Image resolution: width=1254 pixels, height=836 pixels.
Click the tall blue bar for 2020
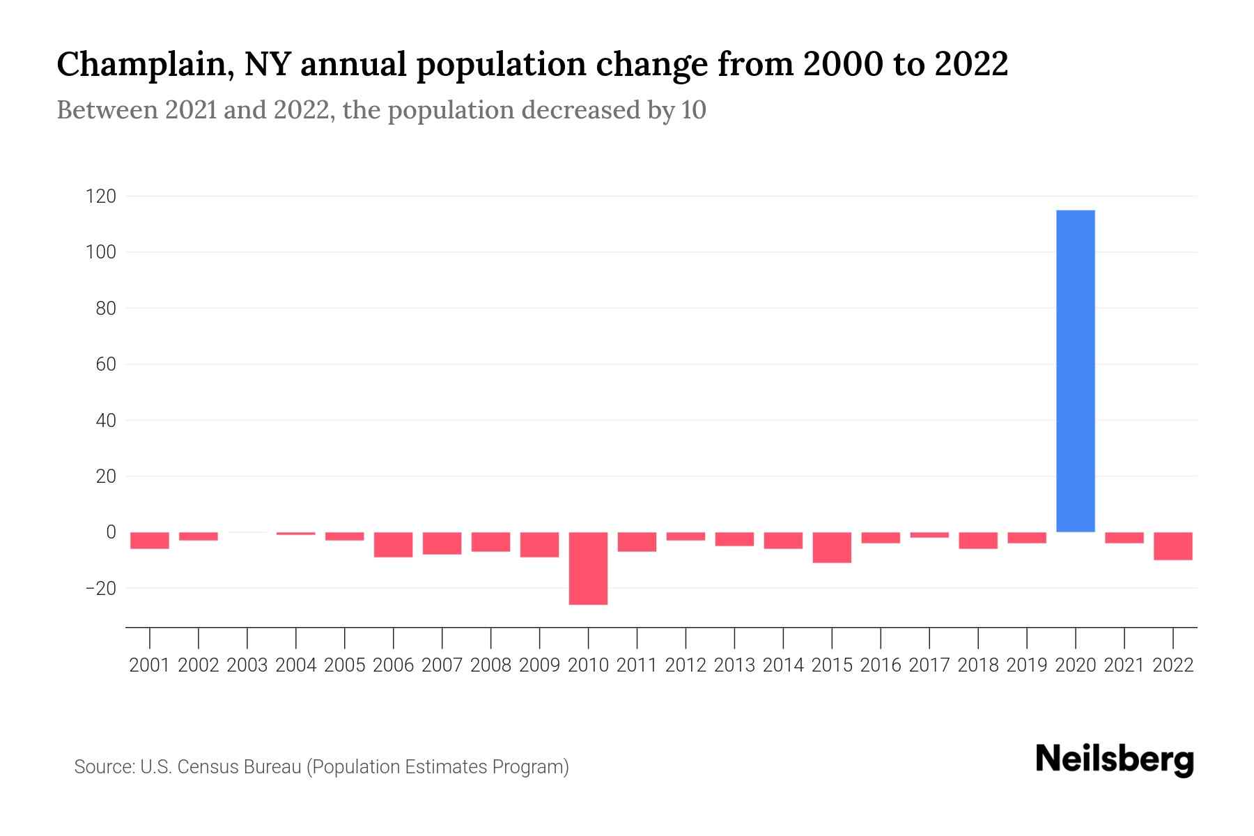pos(1075,371)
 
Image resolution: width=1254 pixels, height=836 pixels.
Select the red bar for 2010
pos(588,568)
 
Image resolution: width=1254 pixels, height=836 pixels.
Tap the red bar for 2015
pos(832,547)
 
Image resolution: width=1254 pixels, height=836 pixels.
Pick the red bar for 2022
pos(1172,545)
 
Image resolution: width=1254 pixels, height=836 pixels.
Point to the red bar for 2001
pos(150,540)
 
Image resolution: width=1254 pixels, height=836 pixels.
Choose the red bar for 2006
pos(394,544)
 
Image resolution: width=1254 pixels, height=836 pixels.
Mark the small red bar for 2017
pos(929,534)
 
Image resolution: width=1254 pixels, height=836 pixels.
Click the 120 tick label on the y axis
pos(100,196)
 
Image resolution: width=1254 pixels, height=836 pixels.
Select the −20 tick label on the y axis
pos(100,589)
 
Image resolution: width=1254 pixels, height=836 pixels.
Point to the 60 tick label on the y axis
pos(106,364)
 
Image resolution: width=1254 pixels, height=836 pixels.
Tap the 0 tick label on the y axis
pos(111,532)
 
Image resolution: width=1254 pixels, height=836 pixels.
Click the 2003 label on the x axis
pos(247,665)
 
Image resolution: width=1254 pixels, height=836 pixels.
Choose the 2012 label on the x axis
pos(686,665)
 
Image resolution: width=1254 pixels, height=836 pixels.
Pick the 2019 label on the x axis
pos(1026,665)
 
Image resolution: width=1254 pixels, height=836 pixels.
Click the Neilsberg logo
pos(1115,760)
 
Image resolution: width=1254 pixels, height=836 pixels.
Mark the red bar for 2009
pos(539,544)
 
